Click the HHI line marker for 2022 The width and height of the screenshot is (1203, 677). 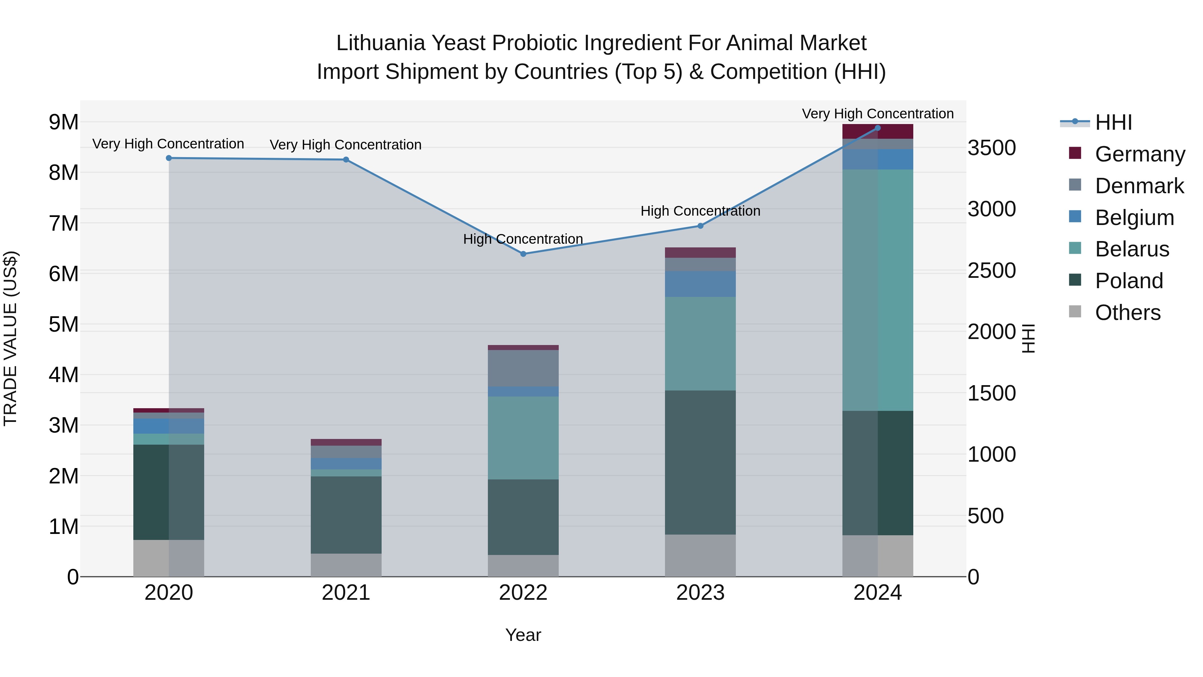[x=523, y=254]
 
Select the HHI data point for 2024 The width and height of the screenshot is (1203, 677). [x=878, y=128]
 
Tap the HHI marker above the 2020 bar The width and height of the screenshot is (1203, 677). [x=169, y=158]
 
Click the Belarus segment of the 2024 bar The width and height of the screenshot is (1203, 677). [x=878, y=290]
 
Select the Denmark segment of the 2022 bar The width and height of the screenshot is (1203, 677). [x=523, y=368]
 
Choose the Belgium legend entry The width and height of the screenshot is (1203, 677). [x=1133, y=218]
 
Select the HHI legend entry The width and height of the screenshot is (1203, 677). [x=1112, y=122]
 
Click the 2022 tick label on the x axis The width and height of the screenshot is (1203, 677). [x=523, y=593]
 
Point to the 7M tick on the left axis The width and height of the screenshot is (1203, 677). [x=63, y=223]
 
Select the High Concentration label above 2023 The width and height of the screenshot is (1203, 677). [x=700, y=211]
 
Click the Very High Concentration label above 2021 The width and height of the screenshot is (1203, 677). [x=346, y=145]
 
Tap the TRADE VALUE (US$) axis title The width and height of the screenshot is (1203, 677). [x=11, y=338]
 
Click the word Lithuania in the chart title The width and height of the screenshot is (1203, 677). [x=380, y=43]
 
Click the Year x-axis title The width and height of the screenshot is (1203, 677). [x=523, y=635]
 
